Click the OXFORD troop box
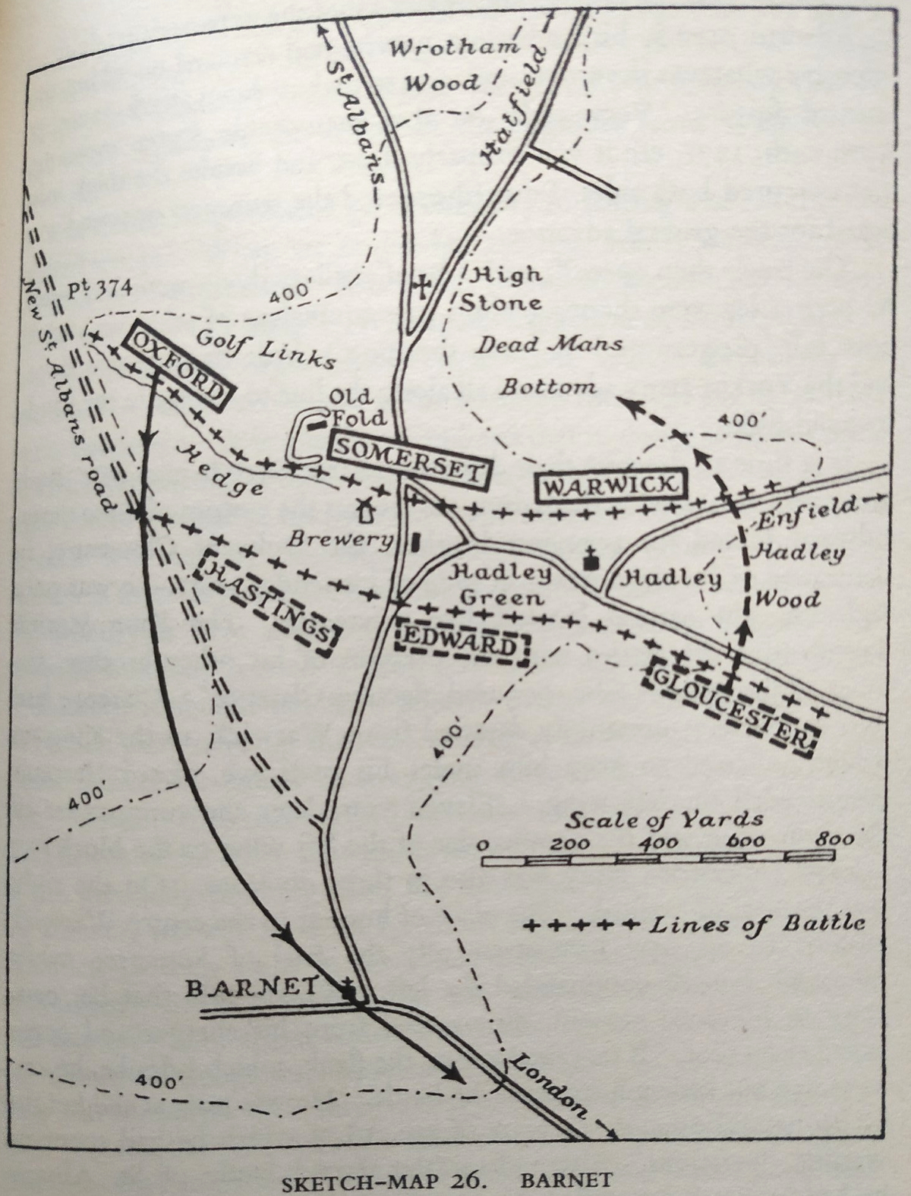(x=180, y=366)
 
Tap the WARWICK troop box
(x=610, y=486)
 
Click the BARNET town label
(x=251, y=986)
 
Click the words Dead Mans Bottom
(x=549, y=364)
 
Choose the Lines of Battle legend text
(x=757, y=924)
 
